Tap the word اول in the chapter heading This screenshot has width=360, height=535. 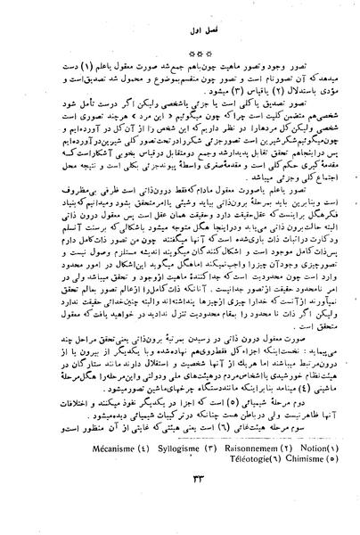click(x=168, y=35)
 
